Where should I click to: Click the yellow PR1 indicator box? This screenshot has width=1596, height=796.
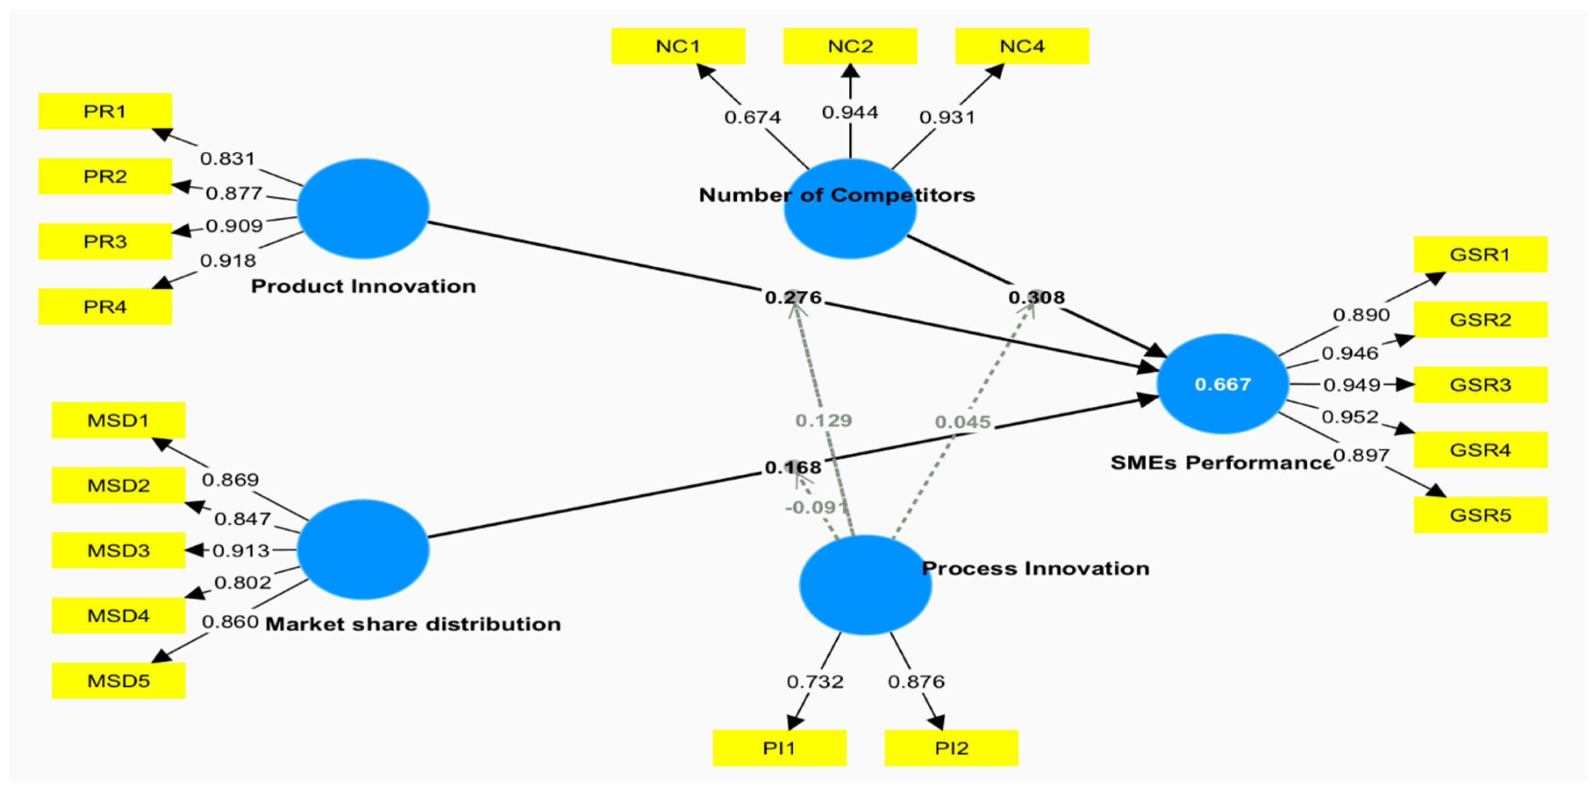pos(105,112)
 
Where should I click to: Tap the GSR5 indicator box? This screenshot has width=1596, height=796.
pos(1480,515)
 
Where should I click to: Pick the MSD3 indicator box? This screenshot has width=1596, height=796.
pos(118,550)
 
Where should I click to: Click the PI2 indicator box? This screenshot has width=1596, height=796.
pos(951,748)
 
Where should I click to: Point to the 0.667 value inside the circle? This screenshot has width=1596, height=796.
pos(1222,384)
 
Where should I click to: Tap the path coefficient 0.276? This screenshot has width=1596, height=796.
pos(793,298)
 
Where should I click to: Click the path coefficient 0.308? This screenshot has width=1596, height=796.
pos(1037,298)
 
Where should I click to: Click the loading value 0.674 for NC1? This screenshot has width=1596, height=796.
pos(752,117)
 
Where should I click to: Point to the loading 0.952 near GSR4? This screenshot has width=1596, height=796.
pos(1349,417)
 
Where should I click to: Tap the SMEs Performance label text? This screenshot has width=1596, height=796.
pos(1220,463)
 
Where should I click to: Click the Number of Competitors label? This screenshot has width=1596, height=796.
pos(836,195)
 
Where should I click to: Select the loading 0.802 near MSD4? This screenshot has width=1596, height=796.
pos(242,583)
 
